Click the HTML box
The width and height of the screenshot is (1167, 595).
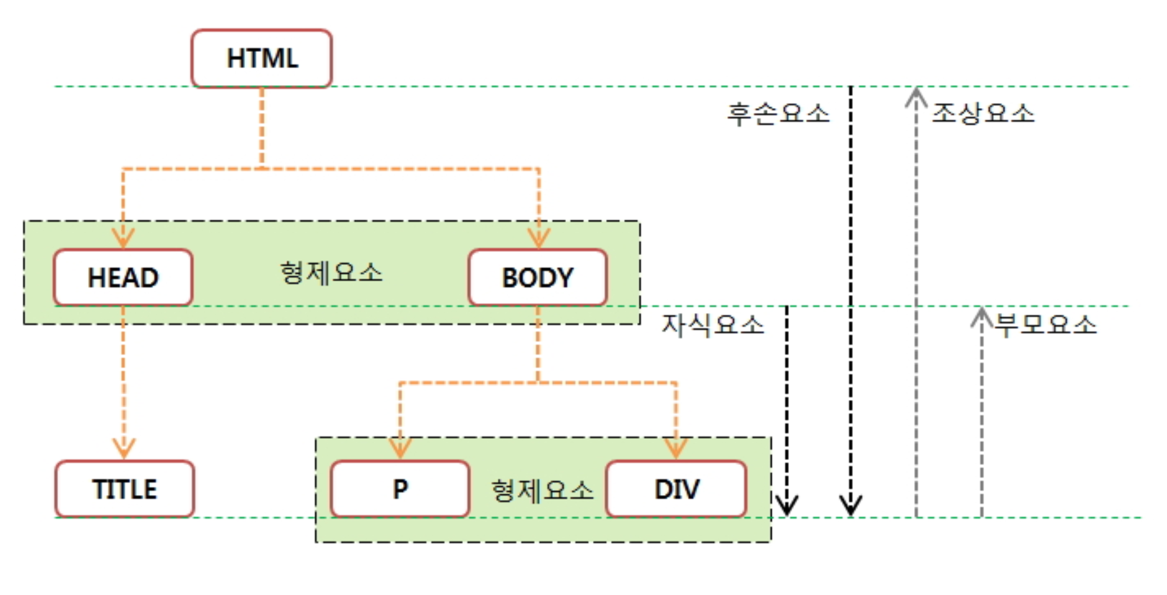coord(261,58)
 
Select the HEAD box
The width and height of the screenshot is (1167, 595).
coord(123,277)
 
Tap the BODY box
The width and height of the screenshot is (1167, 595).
coord(537,277)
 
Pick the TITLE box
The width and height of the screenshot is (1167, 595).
coord(124,489)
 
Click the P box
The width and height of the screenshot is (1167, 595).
coord(400,489)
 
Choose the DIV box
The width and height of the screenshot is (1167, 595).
coord(677,489)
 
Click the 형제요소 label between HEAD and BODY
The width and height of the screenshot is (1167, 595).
coord(331,273)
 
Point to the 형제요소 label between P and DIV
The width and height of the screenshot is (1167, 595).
coord(542,491)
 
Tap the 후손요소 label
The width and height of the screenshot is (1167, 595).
coord(778,114)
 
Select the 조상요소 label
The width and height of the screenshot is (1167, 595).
coord(983,114)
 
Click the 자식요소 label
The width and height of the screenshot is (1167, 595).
coord(713,325)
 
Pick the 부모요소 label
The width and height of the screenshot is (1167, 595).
coord(1045,325)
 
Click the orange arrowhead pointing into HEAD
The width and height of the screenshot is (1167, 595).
coord(123,238)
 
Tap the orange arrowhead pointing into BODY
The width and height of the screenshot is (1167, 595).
coord(538,238)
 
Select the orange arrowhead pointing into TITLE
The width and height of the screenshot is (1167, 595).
coord(124,448)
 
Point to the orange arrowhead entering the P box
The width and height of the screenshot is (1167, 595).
coord(400,448)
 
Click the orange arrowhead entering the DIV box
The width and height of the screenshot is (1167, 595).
coord(676,448)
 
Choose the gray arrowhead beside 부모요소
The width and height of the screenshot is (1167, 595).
coord(981,316)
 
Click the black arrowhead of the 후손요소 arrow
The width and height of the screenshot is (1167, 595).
coord(850,505)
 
